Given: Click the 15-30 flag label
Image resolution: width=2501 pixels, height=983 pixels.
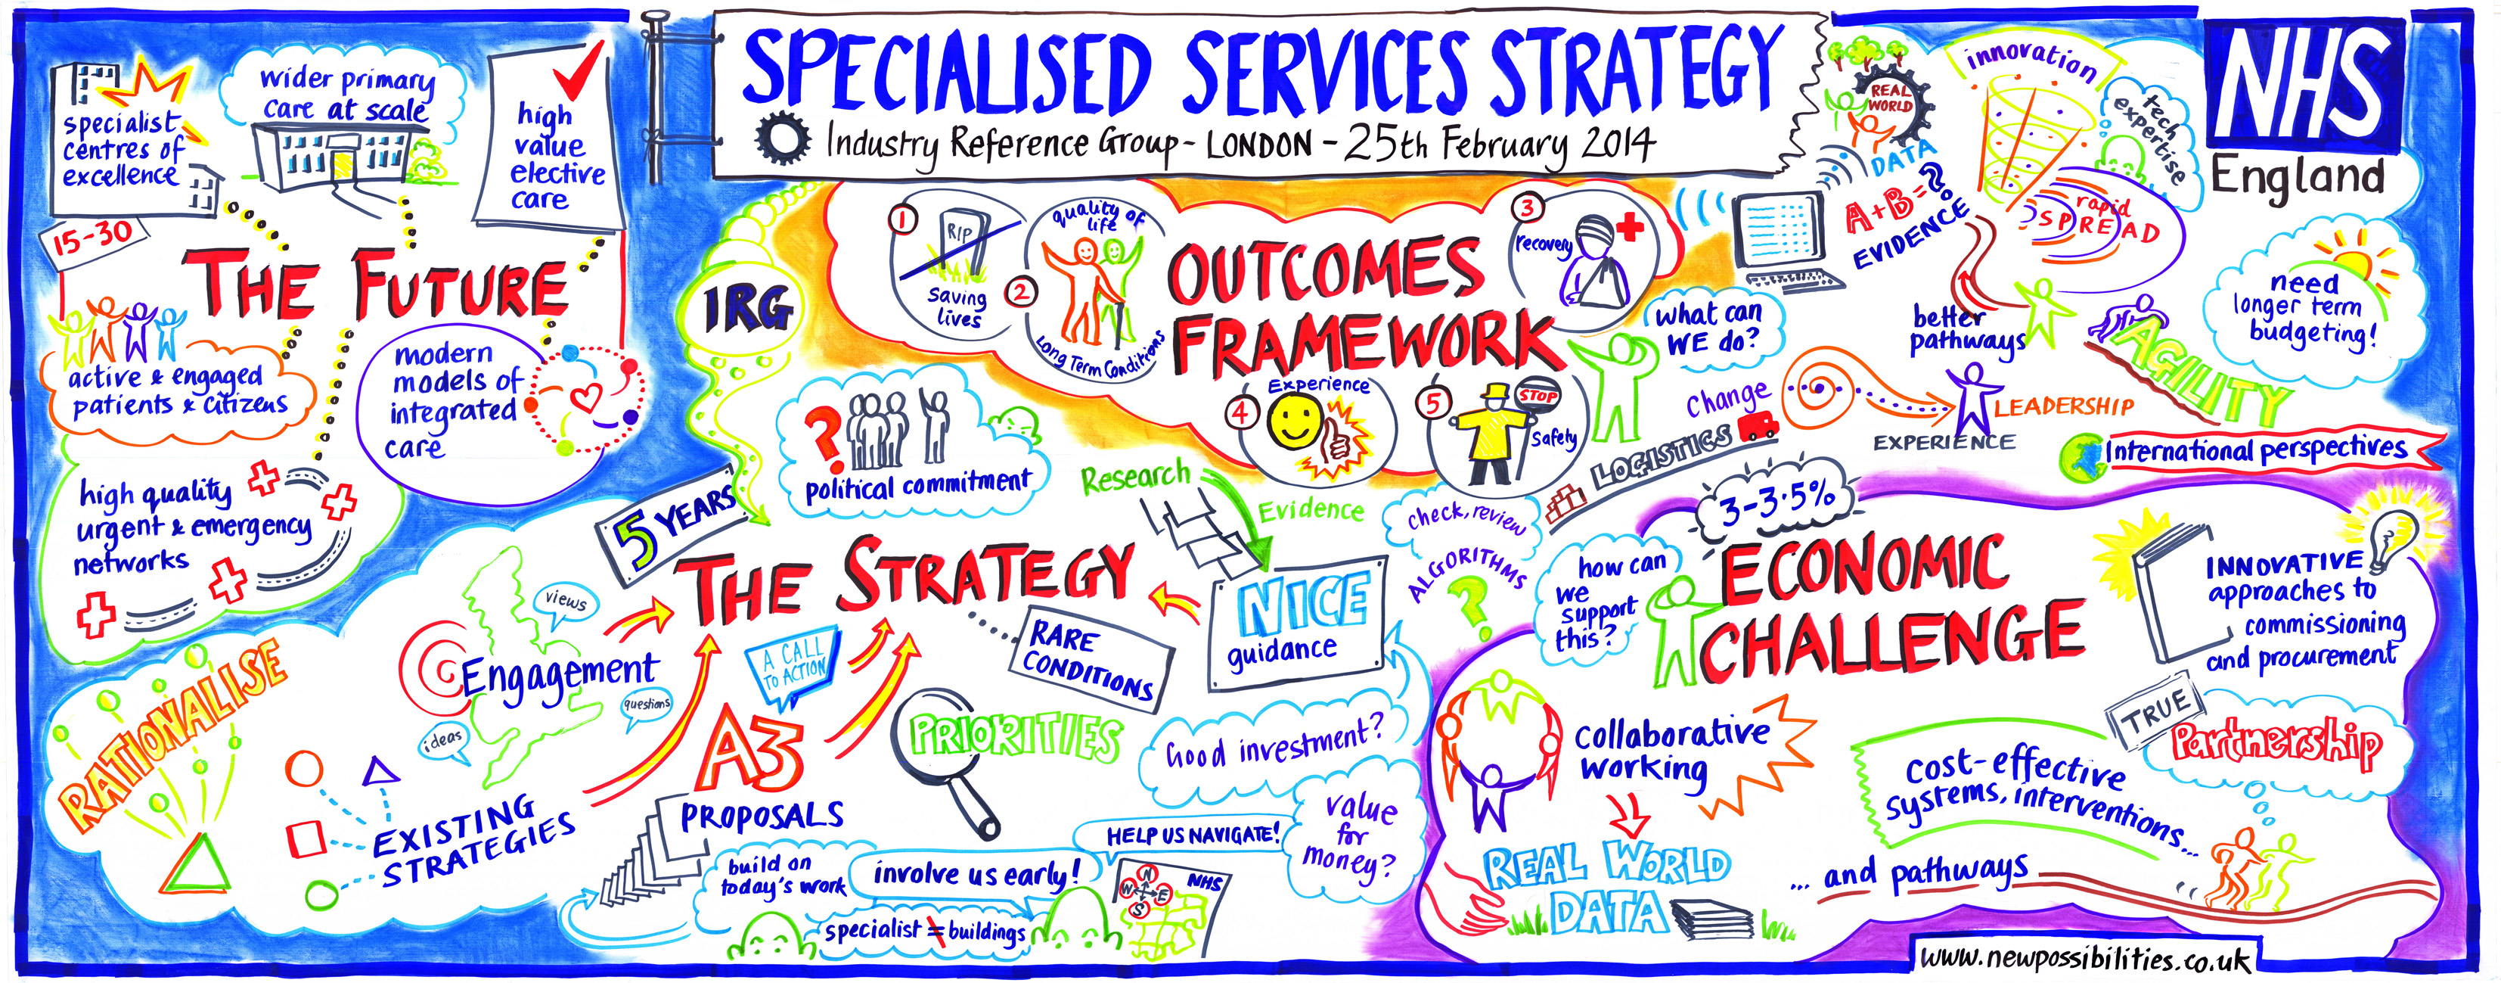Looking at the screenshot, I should pos(95,237).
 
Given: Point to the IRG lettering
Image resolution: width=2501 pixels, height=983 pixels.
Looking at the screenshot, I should pos(749,310).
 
